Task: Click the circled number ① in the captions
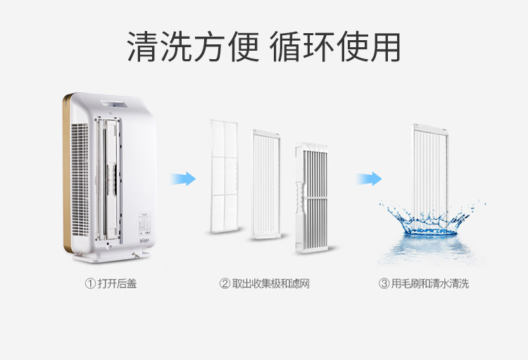(x=89, y=284)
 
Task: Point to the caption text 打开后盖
(x=118, y=284)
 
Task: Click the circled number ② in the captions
(x=225, y=284)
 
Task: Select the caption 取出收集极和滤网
(x=271, y=284)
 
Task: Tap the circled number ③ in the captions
(x=384, y=284)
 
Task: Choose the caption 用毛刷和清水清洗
(x=430, y=284)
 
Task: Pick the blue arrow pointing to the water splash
(x=367, y=178)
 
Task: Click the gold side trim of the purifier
(x=65, y=176)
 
